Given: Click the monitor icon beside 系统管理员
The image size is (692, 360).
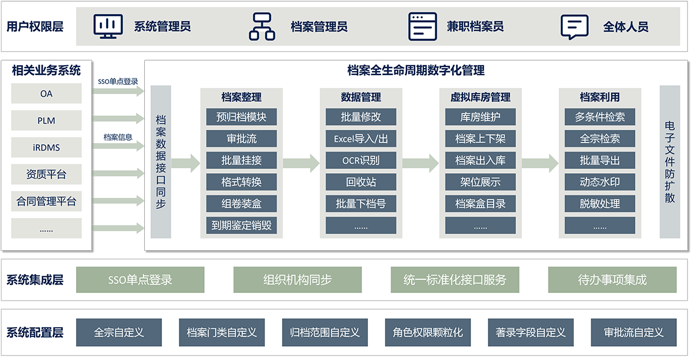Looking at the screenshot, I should pos(108,27).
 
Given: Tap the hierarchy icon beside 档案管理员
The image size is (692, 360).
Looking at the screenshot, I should pos(262,27).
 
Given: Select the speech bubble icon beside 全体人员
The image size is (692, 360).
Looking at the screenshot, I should pos(574,27).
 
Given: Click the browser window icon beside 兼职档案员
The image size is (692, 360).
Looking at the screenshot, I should pos(423,27).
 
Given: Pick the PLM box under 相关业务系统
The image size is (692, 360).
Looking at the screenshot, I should pos(46,121).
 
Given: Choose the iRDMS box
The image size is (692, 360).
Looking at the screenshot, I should pos(46,148).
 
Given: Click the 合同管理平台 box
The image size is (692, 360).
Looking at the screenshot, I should pos(46,202).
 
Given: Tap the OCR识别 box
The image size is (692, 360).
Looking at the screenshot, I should pos(361,160).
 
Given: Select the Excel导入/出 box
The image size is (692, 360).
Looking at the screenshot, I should pos(361,138).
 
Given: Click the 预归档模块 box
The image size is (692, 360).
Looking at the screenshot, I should pos(242,117).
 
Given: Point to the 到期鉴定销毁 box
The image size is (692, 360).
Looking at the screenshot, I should pos(242,225).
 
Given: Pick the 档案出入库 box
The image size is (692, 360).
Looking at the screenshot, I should pos(480,160).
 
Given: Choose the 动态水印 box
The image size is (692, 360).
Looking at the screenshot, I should pos(600,182).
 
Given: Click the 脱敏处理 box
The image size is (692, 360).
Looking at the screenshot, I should pos(600,204).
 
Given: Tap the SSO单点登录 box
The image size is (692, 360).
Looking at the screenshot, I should pos(140,280).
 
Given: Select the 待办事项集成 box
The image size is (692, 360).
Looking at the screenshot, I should pos(612,280).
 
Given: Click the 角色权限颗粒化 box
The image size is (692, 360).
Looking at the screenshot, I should pos(427,332).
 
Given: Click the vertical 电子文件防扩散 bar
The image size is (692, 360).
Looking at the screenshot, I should pos(670,162).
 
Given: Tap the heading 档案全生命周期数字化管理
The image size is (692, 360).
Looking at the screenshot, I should pos(416,70).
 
